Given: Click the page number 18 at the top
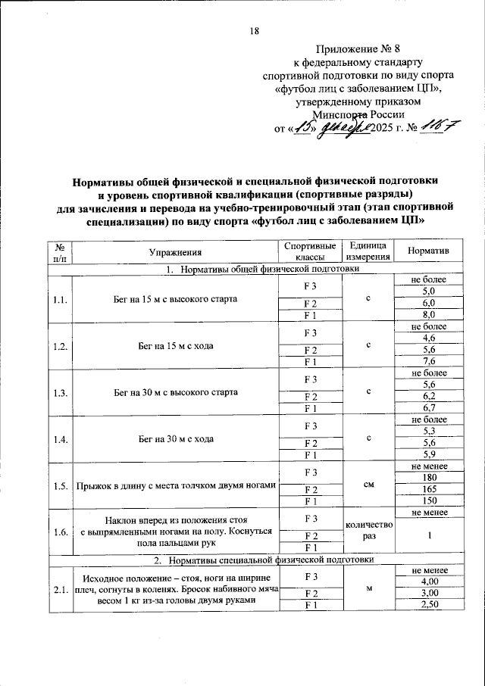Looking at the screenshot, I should [x=254, y=31].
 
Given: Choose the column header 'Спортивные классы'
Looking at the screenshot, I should [x=309, y=251].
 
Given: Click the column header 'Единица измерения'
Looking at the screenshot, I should [x=368, y=251].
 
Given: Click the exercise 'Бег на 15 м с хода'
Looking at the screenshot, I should [x=175, y=345].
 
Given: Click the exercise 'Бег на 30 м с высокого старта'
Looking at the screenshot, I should [x=175, y=391].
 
